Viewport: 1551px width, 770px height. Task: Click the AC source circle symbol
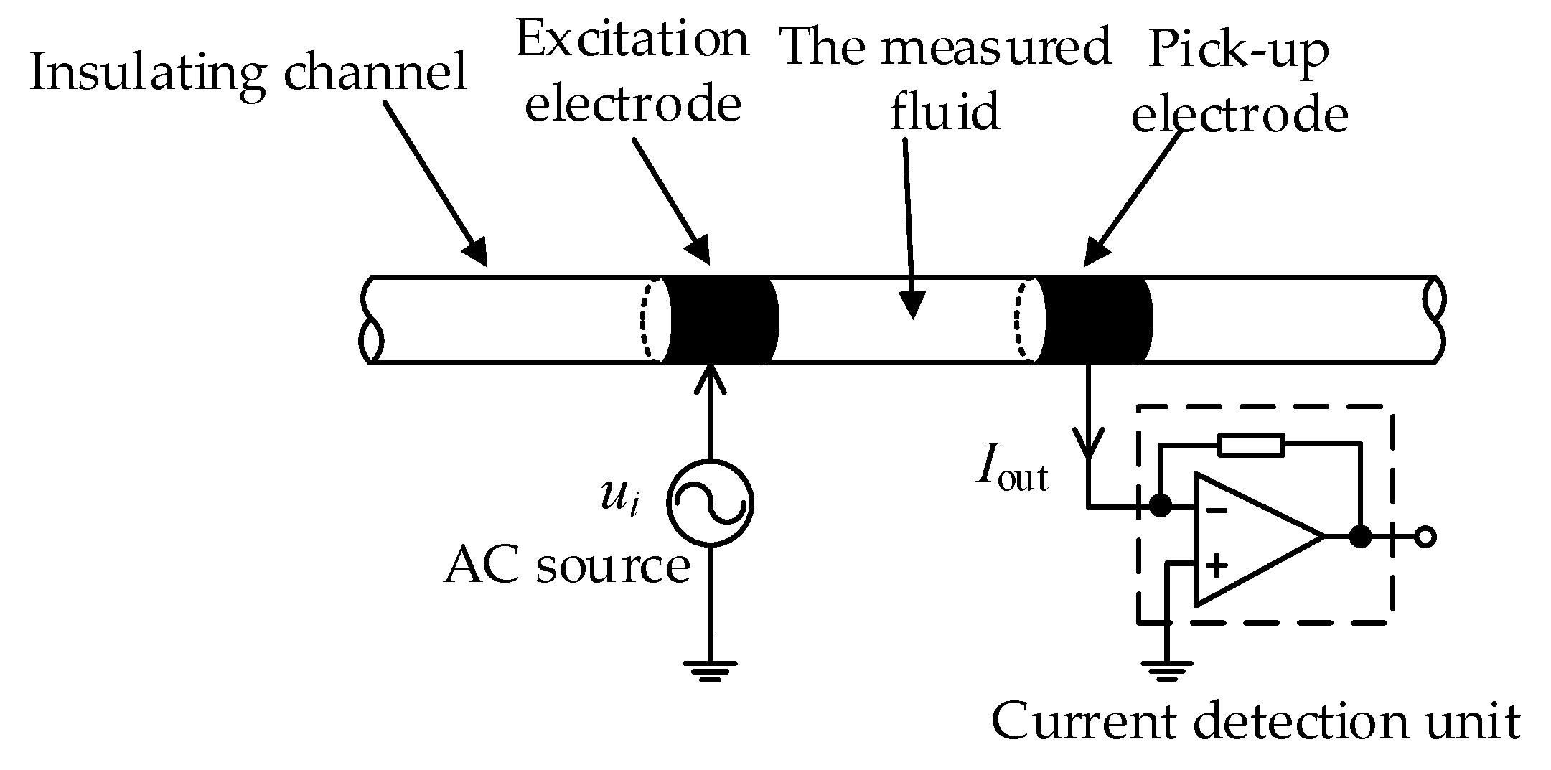(710, 502)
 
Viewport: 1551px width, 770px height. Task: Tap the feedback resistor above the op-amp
(1251, 446)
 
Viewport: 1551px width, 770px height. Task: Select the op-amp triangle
(1249, 537)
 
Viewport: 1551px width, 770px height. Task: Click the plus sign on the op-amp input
(1216, 565)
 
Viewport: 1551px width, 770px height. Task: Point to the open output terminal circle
(1425, 537)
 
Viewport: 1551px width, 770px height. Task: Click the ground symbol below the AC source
(710, 670)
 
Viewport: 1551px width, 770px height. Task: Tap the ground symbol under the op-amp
(1166, 670)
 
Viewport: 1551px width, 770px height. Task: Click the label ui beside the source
(619, 497)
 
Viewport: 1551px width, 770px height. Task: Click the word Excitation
(632, 41)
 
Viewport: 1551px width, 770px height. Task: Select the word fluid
(944, 113)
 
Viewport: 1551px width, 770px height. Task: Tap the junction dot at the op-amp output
(1359, 537)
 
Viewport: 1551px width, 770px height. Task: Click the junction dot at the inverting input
(1160, 506)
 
